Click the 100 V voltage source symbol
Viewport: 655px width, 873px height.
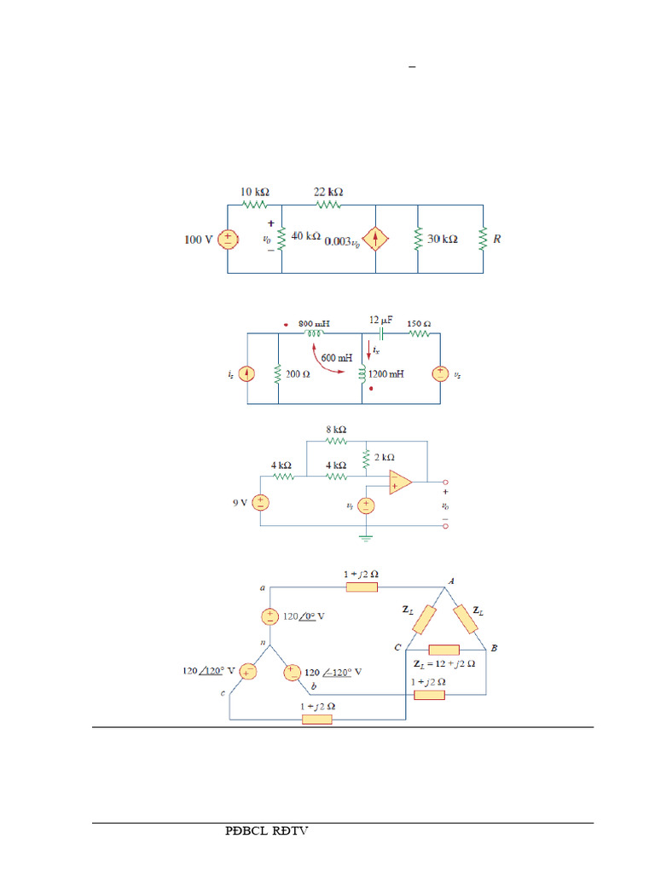(228, 240)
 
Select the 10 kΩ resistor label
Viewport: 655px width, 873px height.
(255, 193)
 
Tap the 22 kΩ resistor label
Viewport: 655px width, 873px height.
(329, 193)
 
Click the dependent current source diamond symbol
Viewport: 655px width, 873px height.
(376, 240)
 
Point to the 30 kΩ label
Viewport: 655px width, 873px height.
(443, 240)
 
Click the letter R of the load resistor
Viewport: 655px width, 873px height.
(497, 240)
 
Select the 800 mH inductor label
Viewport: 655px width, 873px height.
(314, 324)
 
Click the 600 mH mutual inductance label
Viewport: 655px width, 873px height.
(337, 358)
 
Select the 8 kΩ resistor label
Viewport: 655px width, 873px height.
(335, 430)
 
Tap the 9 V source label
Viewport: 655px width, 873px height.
(241, 503)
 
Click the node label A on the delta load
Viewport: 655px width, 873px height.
(450, 580)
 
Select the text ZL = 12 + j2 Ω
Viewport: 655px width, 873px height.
(443, 662)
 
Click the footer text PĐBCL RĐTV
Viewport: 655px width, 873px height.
(266, 830)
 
